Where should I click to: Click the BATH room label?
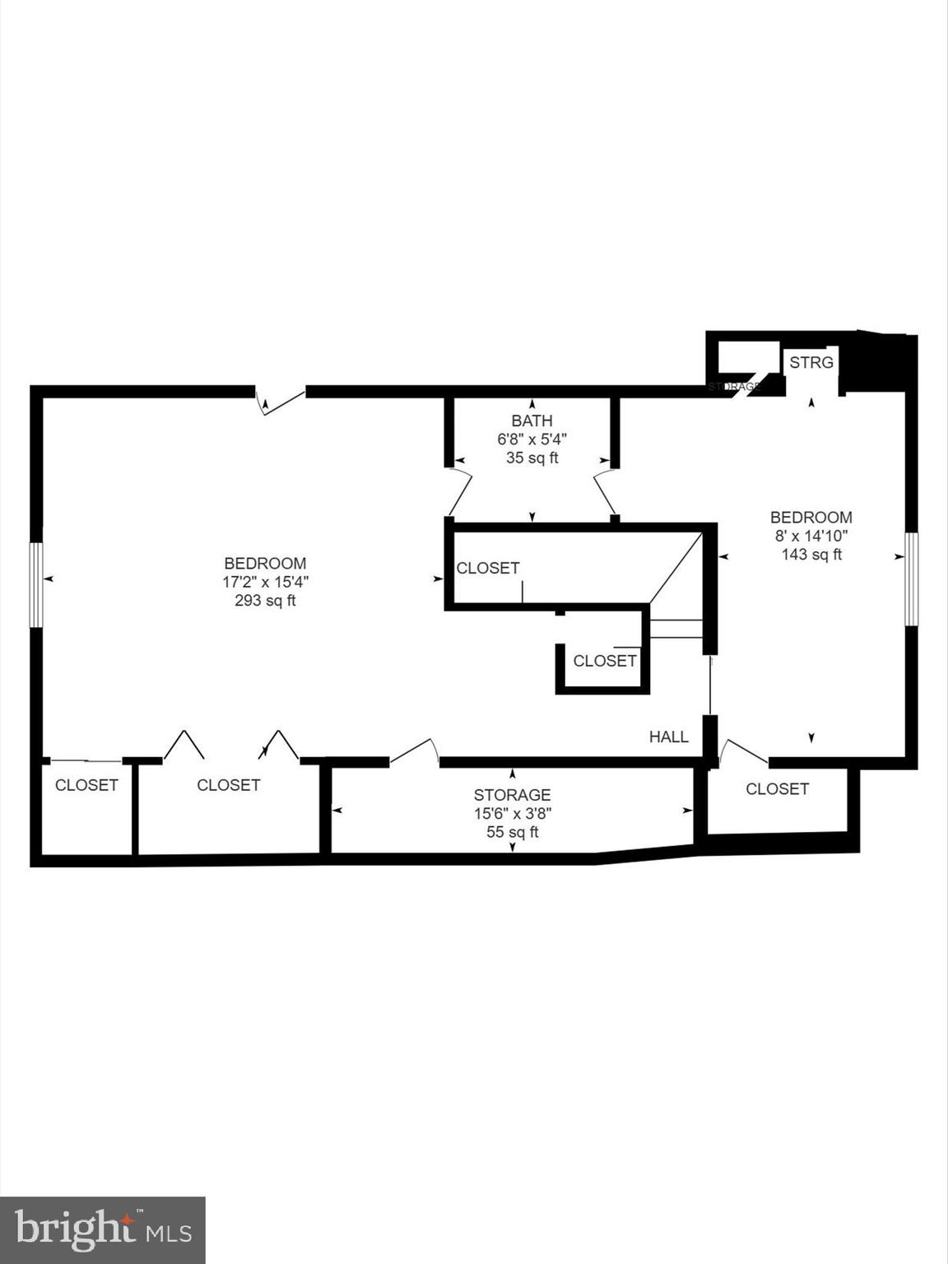click(x=532, y=421)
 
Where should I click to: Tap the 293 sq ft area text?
click(x=265, y=601)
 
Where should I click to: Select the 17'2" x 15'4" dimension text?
click(x=265, y=582)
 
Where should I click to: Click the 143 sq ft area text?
click(x=811, y=555)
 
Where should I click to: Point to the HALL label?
click(x=668, y=737)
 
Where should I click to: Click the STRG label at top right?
click(x=811, y=362)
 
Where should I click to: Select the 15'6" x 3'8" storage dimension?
click(x=512, y=813)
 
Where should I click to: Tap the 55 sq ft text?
click(x=512, y=832)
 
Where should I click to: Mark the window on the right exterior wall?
click(x=911, y=579)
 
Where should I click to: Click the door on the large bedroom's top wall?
click(x=280, y=400)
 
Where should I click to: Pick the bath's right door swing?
click(x=605, y=492)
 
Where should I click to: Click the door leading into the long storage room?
click(x=414, y=752)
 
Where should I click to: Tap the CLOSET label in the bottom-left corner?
click(x=86, y=785)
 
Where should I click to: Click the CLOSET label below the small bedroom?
click(x=777, y=789)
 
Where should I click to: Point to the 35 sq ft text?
click(x=532, y=458)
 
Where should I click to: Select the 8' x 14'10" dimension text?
click(x=811, y=536)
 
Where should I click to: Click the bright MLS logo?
click(x=103, y=1230)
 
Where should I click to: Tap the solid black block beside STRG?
click(x=878, y=363)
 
